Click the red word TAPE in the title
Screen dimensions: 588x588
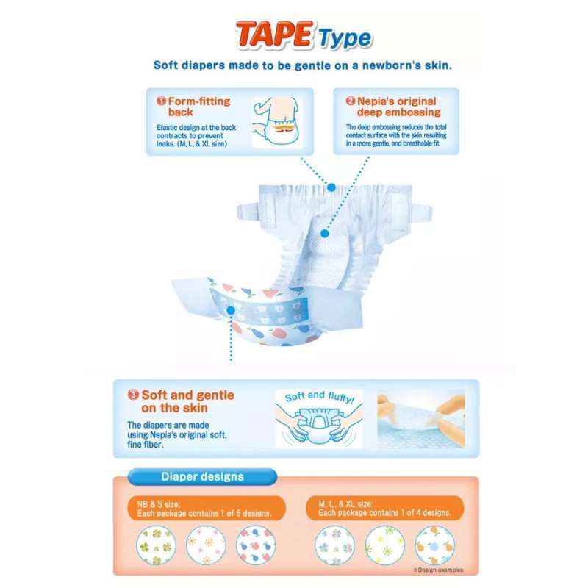click(x=274, y=35)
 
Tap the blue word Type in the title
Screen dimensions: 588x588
click(x=345, y=39)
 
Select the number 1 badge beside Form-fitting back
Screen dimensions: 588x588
click(x=161, y=101)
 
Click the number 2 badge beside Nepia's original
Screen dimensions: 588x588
click(x=351, y=101)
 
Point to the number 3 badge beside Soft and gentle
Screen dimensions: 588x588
click(x=133, y=395)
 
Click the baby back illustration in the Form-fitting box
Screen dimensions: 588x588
click(x=277, y=122)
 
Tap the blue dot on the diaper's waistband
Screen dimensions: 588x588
click(x=331, y=187)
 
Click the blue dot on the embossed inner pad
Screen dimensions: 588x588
click(x=325, y=233)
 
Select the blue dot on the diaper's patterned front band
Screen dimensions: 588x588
click(x=231, y=310)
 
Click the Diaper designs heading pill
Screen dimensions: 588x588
click(x=203, y=476)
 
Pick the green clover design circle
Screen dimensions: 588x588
click(x=156, y=545)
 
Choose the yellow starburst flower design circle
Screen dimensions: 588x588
click(x=384, y=545)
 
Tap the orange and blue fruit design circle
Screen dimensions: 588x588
click(x=435, y=545)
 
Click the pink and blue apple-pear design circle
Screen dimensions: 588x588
click(x=256, y=545)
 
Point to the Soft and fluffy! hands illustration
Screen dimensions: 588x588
click(x=319, y=418)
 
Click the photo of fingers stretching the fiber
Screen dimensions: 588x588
click(x=420, y=418)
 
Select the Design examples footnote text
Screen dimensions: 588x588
click(x=438, y=570)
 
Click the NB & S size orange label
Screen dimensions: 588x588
click(x=207, y=509)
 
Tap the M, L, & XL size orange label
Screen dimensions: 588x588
click(x=385, y=509)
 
